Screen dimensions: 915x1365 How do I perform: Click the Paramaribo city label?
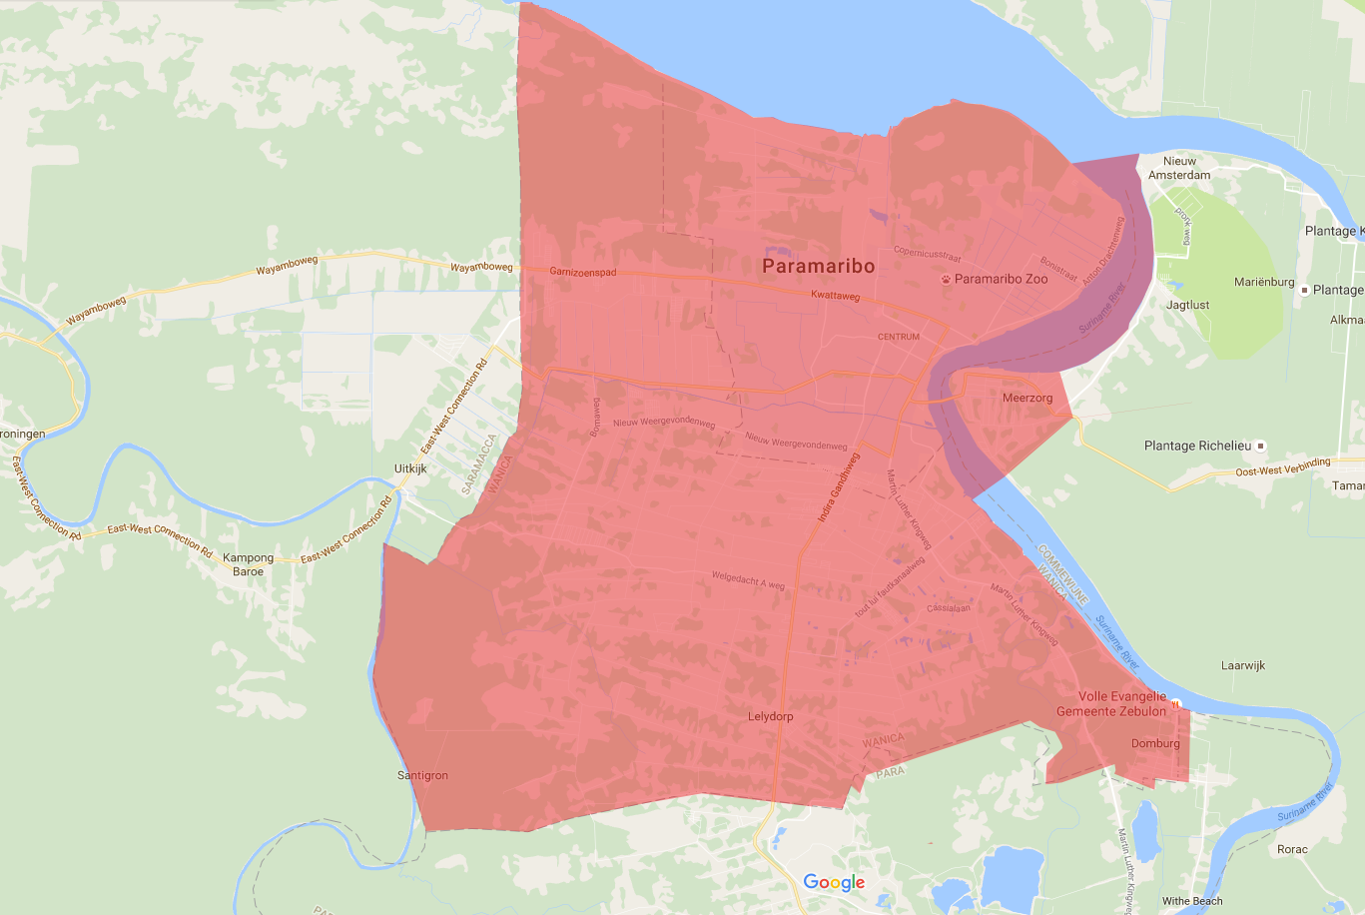(x=818, y=266)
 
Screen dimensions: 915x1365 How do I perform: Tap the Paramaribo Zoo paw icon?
(x=945, y=280)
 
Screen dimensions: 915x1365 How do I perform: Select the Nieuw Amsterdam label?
(x=1179, y=168)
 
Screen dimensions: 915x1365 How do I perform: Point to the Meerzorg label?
(x=1027, y=398)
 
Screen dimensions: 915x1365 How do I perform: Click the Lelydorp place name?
(x=771, y=716)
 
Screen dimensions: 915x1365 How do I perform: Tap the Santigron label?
(x=422, y=775)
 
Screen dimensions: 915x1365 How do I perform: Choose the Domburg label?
(x=1155, y=743)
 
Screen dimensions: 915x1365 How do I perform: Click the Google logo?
(x=834, y=882)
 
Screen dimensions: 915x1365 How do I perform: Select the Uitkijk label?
(x=410, y=468)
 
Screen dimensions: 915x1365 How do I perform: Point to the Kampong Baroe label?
(x=248, y=564)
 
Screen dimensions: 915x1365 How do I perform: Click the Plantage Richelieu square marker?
(x=1261, y=446)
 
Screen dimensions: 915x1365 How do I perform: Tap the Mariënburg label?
(x=1264, y=282)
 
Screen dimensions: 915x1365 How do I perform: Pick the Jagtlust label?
(x=1187, y=305)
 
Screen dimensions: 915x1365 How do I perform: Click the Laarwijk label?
(x=1243, y=665)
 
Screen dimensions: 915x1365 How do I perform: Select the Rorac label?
(x=1292, y=849)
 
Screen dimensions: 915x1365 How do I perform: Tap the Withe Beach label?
(x=1192, y=901)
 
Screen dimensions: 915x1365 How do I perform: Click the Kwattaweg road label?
(x=836, y=296)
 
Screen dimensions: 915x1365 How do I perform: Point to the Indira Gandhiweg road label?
(x=839, y=487)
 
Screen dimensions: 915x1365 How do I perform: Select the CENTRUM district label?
(x=899, y=337)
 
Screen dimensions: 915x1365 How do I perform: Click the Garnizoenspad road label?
(x=582, y=272)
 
